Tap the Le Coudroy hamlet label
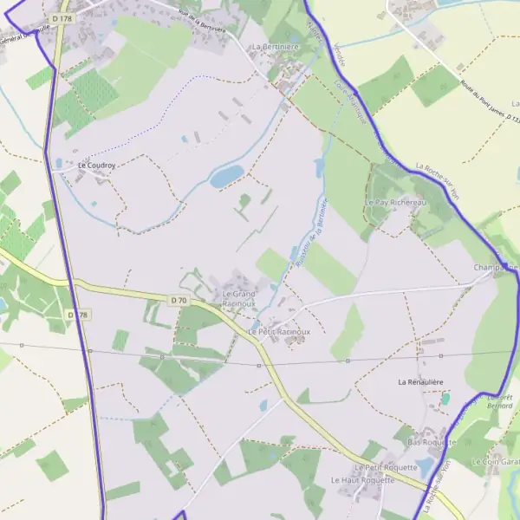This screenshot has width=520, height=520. pos(96,165)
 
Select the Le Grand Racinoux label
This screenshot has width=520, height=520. pos(238,299)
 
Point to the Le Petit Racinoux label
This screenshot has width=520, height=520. pos(279,332)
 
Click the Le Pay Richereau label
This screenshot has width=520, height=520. pos(397,202)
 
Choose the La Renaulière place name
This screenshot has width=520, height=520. pos(420,381)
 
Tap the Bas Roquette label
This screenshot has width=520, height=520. pos(431,442)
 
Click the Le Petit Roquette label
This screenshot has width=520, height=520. pos(386,467)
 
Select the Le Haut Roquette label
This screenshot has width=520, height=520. pos(361,479)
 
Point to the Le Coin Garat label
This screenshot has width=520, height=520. pos(496,463)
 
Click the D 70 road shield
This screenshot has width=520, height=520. pos(179,300)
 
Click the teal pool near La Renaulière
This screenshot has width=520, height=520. pos(446,399)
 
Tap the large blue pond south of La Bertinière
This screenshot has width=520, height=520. pos(227,177)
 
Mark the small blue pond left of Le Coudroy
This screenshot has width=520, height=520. pos(58,163)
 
